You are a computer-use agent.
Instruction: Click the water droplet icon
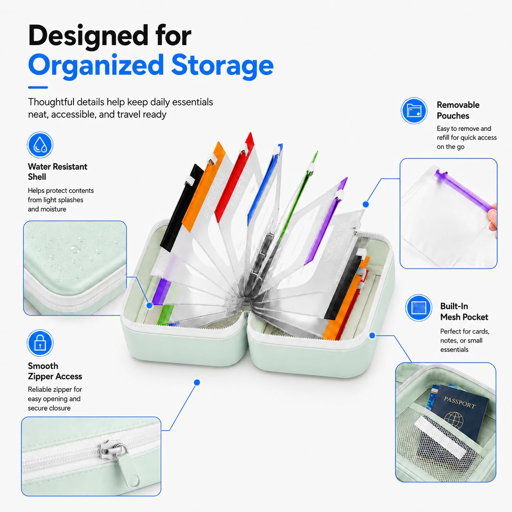click(40, 145)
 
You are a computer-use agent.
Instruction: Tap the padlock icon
click(40, 343)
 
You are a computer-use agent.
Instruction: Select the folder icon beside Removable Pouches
click(414, 111)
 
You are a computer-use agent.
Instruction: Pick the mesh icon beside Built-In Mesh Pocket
click(419, 308)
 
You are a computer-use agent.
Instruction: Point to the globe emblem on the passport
click(453, 420)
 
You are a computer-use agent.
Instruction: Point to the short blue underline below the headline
click(38, 87)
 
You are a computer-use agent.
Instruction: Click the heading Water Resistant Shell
click(58, 171)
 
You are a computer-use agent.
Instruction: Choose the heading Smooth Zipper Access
click(55, 371)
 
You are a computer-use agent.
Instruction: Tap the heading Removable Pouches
click(458, 110)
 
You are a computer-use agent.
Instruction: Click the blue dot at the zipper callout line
click(197, 382)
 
